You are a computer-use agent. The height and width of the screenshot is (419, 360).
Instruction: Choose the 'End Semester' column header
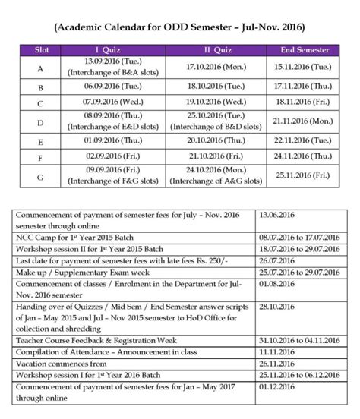pos(304,49)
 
